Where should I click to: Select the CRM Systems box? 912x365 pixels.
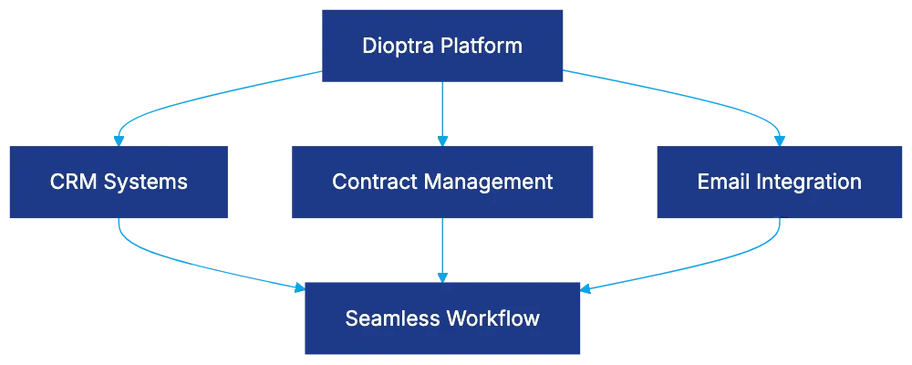pyautogui.click(x=119, y=182)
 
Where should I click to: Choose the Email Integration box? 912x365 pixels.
pyautogui.click(x=779, y=182)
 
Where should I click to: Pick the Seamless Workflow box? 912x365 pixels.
pyautogui.click(x=442, y=318)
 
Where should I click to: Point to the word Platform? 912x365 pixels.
pyautogui.click(x=482, y=45)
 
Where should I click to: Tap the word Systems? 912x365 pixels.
pyautogui.click(x=145, y=182)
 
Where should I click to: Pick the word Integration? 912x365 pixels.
pyautogui.click(x=807, y=182)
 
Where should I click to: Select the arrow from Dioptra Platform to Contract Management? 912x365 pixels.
pyautogui.click(x=442, y=114)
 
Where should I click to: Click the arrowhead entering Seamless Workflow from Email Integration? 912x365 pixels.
pyautogui.click(x=586, y=290)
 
